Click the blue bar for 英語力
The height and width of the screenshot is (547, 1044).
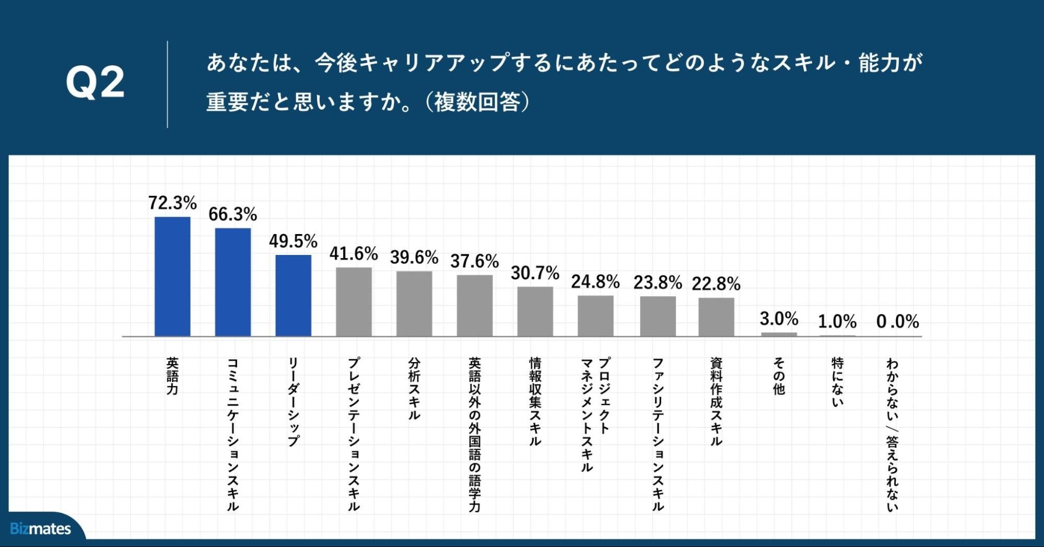point(172,276)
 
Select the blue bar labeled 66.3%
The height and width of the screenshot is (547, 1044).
point(233,282)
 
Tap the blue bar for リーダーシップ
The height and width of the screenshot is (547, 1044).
point(293,296)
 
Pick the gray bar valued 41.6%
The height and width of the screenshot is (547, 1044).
point(354,301)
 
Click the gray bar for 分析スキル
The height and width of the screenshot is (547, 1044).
point(414,304)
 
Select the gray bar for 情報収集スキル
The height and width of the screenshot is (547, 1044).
point(535,311)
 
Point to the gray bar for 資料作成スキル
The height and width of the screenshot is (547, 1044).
point(716,317)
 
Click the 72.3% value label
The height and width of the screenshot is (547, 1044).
point(172,203)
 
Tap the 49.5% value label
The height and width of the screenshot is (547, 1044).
point(293,241)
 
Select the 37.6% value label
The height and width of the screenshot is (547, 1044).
point(474,261)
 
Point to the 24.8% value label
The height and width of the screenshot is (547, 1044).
point(595,282)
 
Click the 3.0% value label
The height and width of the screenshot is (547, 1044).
point(779,319)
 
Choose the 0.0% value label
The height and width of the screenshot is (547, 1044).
point(897,322)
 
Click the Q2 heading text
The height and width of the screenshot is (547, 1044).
point(95,83)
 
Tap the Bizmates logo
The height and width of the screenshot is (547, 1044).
point(40,529)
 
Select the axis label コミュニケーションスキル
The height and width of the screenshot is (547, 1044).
point(233,434)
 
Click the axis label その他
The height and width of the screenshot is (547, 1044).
point(779,376)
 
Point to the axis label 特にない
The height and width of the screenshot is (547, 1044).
point(837,382)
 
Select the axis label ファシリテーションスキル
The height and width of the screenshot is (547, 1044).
point(658,434)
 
